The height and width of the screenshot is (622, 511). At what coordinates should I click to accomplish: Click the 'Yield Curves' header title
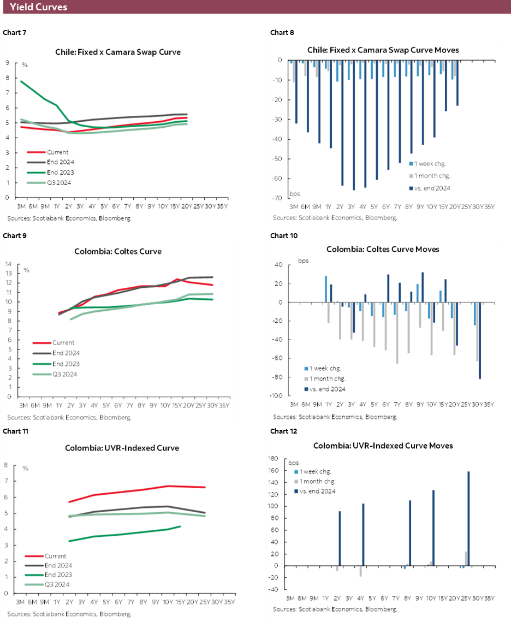[x=38, y=7]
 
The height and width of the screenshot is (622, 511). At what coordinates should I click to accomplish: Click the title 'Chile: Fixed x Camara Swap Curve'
[x=118, y=52]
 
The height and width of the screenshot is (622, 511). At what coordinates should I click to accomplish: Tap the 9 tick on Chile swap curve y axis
[x=7, y=63]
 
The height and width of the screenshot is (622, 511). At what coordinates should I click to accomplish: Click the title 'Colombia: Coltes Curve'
[x=118, y=252]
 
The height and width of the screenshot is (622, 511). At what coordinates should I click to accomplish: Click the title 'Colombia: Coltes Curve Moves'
[x=383, y=249]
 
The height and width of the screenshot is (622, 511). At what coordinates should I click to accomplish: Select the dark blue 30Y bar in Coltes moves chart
[x=480, y=340]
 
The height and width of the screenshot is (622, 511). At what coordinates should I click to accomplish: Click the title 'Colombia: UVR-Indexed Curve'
[x=122, y=448]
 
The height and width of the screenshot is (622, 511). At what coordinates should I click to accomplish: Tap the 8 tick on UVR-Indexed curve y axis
[x=6, y=465]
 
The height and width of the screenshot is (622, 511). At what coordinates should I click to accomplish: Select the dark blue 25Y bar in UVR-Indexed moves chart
[x=468, y=518]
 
